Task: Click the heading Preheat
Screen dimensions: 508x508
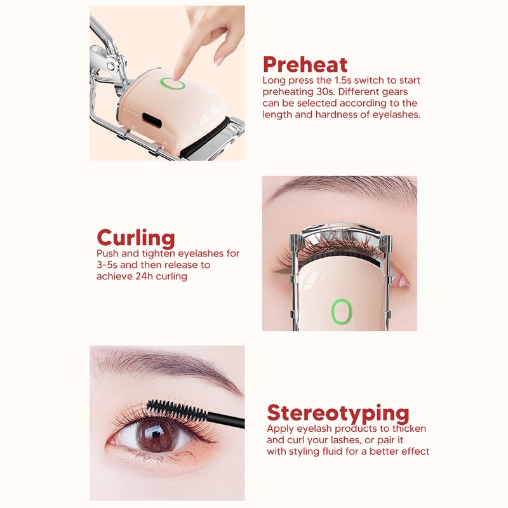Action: (305, 65)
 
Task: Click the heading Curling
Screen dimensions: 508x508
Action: (135, 238)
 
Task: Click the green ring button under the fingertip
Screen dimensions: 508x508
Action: (173, 84)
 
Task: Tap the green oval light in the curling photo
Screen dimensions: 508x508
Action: (341, 311)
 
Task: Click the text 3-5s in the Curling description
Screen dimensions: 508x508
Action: (109, 265)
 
